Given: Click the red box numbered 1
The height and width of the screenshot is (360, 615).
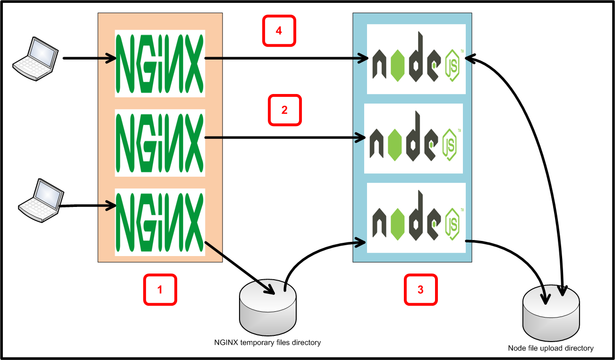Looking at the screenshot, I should pos(160,290).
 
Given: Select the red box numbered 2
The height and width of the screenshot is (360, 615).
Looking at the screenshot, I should pos(284,111).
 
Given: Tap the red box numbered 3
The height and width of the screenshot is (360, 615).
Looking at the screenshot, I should pos(420,290).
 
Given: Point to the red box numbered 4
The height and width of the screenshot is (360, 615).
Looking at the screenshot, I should pos(279,31).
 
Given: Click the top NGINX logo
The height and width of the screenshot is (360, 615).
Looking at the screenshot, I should pos(160,63).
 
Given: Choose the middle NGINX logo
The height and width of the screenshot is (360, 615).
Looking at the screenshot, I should pos(160,143).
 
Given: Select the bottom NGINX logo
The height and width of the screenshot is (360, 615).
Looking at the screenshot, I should pos(160,222).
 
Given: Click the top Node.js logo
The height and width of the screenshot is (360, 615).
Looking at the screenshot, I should pos(416,59).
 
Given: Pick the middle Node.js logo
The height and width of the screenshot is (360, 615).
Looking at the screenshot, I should pos(413,138).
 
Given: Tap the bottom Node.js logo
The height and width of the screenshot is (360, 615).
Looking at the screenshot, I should pos(416,218).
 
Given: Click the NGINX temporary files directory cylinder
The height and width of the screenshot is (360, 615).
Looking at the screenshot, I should pos(268,309).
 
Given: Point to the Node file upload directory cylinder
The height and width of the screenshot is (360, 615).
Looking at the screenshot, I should pos(552,312).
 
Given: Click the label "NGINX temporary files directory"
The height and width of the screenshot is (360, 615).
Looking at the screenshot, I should pos(267,343).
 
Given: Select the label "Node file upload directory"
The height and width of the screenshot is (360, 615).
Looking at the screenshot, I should pos(551,348).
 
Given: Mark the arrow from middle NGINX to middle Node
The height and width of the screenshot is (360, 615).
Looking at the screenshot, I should pos(283,138).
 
